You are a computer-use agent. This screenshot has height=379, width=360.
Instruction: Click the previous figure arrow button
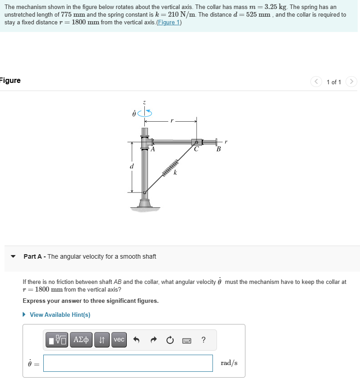click(316, 82)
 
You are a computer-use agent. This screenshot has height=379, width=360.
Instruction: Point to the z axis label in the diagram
click(144, 103)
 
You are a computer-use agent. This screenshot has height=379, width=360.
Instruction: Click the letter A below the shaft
click(153, 150)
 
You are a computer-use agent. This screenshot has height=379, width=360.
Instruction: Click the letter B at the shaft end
click(218, 150)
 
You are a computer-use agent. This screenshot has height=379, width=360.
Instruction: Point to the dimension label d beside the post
click(132, 166)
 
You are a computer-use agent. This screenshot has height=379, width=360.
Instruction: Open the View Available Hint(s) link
click(60, 315)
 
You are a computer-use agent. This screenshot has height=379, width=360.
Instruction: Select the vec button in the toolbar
click(119, 340)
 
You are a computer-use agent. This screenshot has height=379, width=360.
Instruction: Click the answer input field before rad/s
click(128, 363)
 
